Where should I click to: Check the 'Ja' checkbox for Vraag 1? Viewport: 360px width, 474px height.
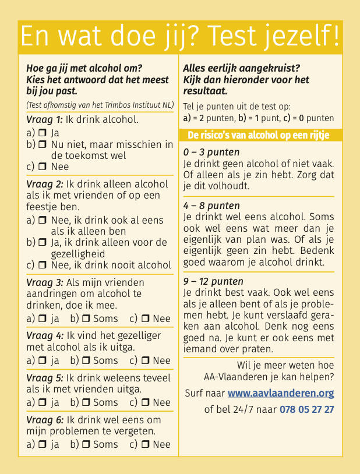point(42,133)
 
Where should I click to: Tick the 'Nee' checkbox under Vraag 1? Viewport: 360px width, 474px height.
point(42,167)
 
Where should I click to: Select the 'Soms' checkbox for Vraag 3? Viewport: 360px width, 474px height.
point(85,319)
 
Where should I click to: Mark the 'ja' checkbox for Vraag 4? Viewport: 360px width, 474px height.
point(42,360)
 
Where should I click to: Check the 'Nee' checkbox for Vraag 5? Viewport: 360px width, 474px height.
point(145,402)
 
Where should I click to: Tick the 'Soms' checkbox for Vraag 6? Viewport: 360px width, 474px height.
point(85,444)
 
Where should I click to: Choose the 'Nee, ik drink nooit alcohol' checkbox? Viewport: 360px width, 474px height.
point(42,265)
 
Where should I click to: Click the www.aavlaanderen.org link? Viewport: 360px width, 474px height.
point(281,393)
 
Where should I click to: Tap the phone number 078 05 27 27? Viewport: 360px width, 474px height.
point(307,409)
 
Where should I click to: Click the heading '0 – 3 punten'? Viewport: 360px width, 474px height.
point(211,153)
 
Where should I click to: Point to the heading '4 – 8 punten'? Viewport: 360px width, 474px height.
point(211,206)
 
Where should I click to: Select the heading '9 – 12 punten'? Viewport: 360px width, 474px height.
point(213,281)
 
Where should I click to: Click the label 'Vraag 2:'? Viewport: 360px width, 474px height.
point(44,184)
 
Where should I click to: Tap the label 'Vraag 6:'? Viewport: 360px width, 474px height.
point(44,419)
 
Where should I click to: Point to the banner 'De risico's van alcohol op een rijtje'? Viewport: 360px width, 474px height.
point(258,135)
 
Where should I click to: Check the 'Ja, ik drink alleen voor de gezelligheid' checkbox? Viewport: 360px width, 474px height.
point(42,242)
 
